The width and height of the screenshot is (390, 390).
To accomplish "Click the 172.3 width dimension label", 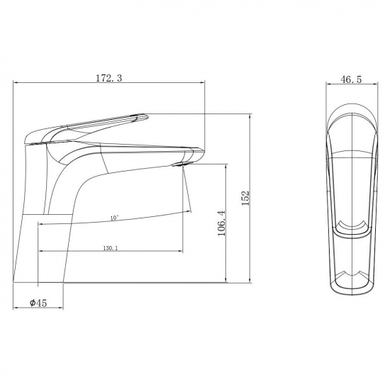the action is (109, 78).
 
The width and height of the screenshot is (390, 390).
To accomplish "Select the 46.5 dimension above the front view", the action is (351, 79).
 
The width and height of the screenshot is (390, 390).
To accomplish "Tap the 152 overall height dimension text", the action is (245, 198).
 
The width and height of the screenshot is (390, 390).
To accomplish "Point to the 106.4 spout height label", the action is (222, 223).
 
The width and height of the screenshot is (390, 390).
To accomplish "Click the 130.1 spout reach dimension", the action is (111, 248).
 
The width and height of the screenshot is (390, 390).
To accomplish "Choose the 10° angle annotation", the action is (114, 218).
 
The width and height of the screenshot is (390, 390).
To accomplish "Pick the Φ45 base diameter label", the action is (38, 303).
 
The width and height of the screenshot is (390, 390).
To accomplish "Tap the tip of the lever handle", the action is (147, 116).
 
